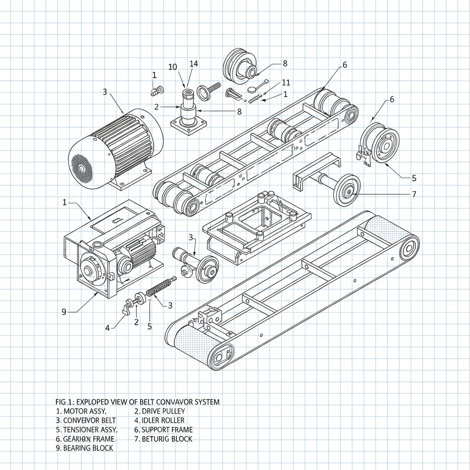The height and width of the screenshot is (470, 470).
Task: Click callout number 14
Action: pyautogui.click(x=194, y=64)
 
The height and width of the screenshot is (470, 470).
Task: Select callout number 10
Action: pyautogui.click(x=173, y=67)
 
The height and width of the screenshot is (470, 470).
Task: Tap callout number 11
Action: pyautogui.click(x=286, y=83)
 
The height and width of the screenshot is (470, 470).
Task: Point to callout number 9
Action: pyautogui.click(x=64, y=312)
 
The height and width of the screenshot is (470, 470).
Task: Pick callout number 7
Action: pyautogui.click(x=414, y=194)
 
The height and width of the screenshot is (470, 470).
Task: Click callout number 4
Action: pyautogui.click(x=107, y=328)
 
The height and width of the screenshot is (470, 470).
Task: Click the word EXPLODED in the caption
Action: pyautogui.click(x=95, y=402)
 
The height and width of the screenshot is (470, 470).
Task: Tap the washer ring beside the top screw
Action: pyautogui.click(x=203, y=91)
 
